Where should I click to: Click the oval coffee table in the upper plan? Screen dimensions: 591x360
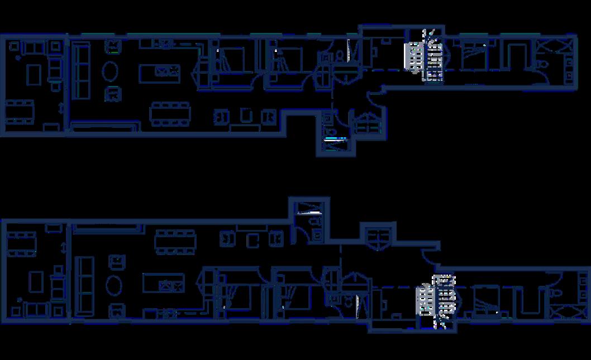coord(110,71)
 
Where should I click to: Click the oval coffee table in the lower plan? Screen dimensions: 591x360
coord(115,285)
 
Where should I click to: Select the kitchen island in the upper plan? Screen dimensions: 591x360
coord(160,72)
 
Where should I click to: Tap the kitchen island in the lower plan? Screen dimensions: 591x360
coord(163,283)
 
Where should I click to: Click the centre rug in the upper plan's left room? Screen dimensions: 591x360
coord(34,74)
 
